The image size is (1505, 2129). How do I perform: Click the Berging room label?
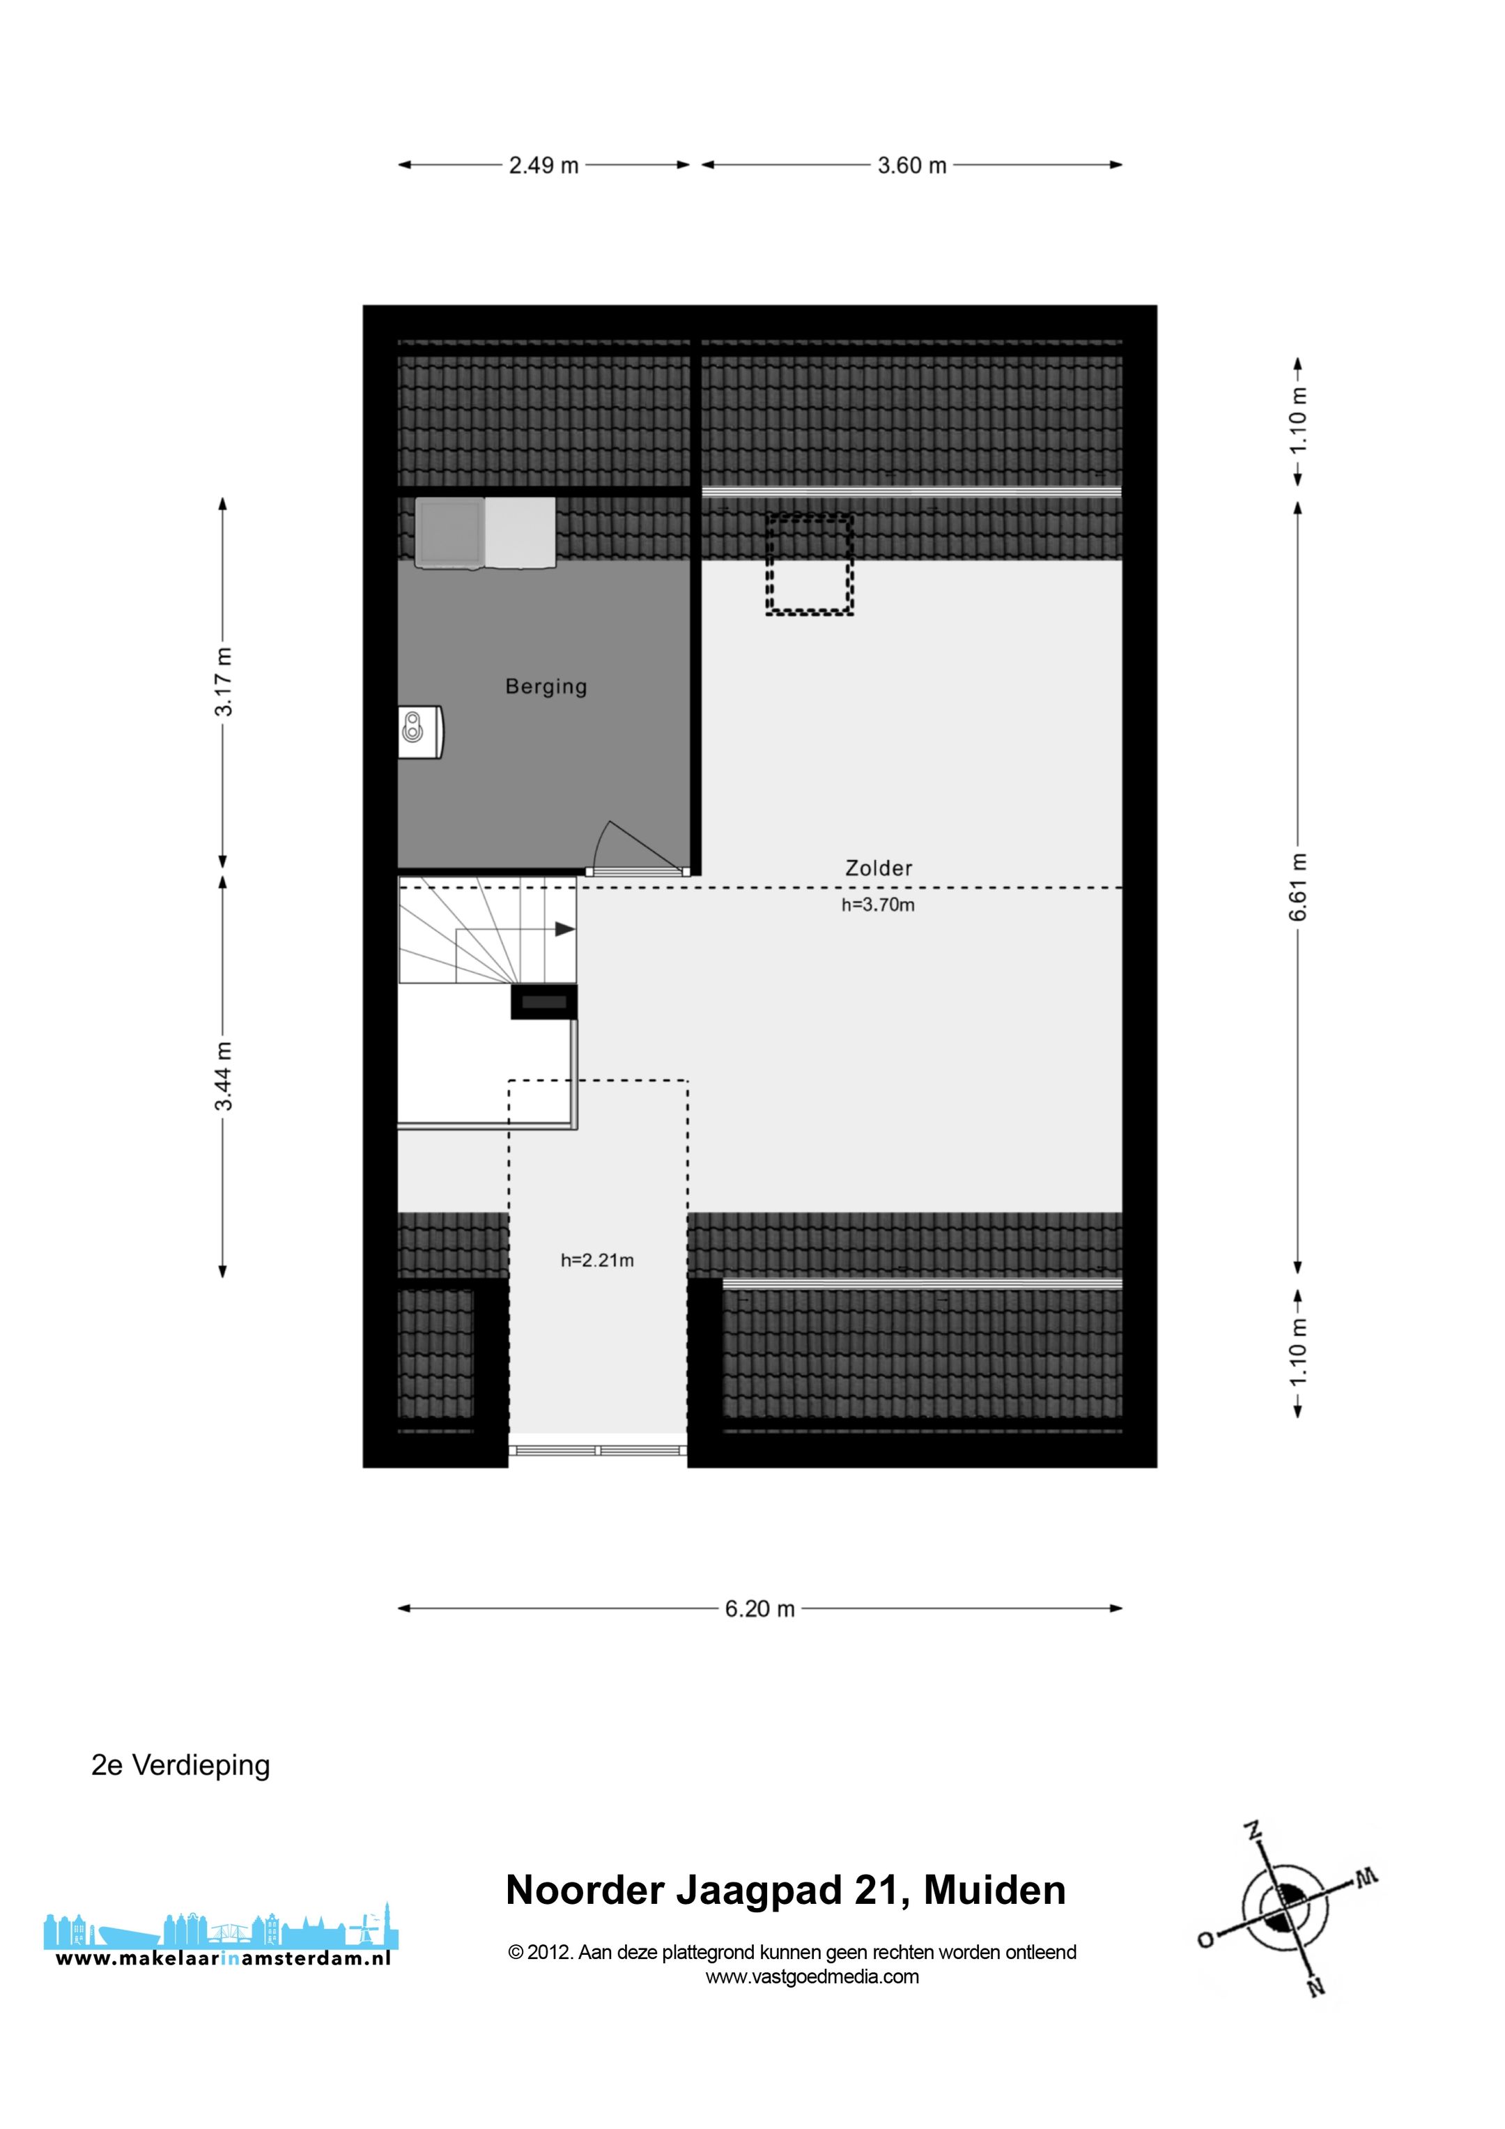coord(546,687)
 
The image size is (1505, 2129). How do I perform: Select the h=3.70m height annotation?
coord(877,905)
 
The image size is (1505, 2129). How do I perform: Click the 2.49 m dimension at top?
coord(543,166)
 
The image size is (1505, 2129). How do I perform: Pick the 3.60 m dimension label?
coord(911,166)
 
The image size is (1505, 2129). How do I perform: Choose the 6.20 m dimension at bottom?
coord(759,1609)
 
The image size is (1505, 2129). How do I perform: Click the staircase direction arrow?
coord(563,929)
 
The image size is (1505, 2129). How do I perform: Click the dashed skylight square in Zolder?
coord(809,564)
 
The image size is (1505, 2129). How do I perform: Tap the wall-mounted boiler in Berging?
coord(420,732)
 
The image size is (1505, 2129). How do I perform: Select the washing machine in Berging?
coord(449,532)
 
